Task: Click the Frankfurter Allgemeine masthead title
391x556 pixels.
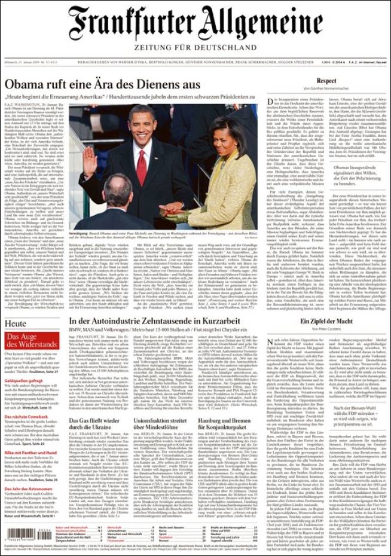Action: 195,24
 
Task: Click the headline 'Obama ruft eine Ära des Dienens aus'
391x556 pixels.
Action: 102,84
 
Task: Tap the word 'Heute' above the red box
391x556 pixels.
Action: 16,323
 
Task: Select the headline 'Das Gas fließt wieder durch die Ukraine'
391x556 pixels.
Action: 94,426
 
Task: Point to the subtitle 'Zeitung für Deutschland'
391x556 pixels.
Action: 195,47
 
